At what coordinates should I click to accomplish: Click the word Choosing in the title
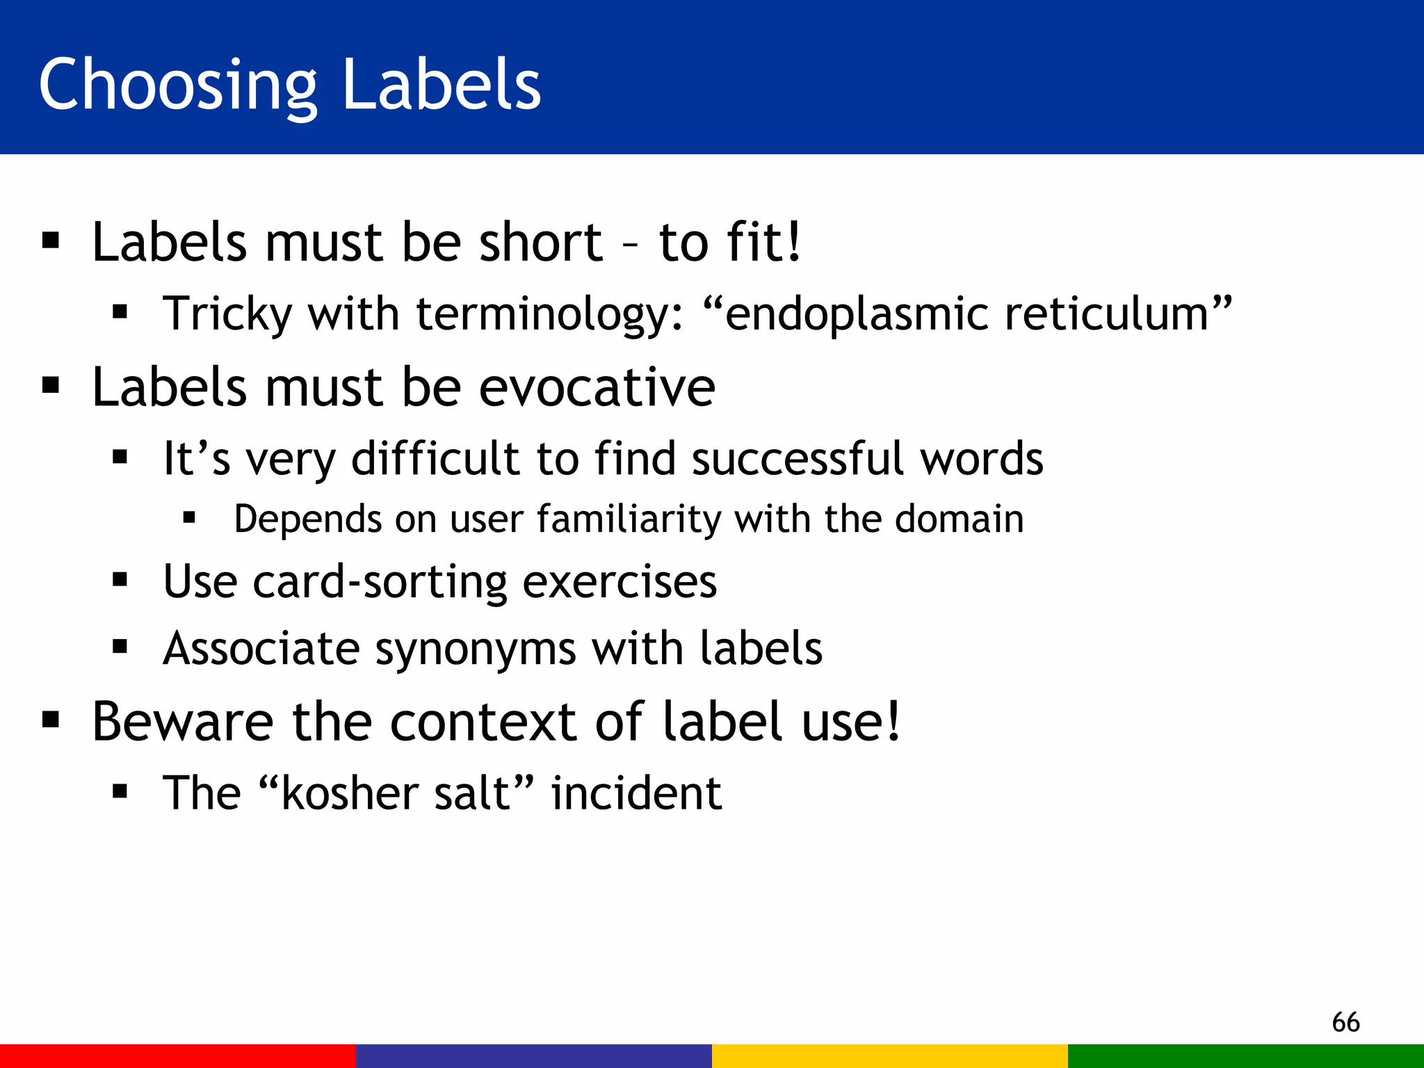tap(177, 85)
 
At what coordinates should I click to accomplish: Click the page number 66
tap(1345, 1022)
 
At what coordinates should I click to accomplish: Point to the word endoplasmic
tap(856, 314)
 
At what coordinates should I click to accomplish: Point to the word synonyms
tap(475, 649)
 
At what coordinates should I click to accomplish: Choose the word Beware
tap(183, 721)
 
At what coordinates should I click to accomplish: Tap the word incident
tap(636, 793)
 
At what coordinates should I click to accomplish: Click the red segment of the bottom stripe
tap(178, 1055)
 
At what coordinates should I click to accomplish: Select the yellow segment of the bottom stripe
tap(890, 1055)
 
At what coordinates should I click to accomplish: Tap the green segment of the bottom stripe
tap(1246, 1055)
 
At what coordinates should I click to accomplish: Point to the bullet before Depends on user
tap(189, 518)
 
